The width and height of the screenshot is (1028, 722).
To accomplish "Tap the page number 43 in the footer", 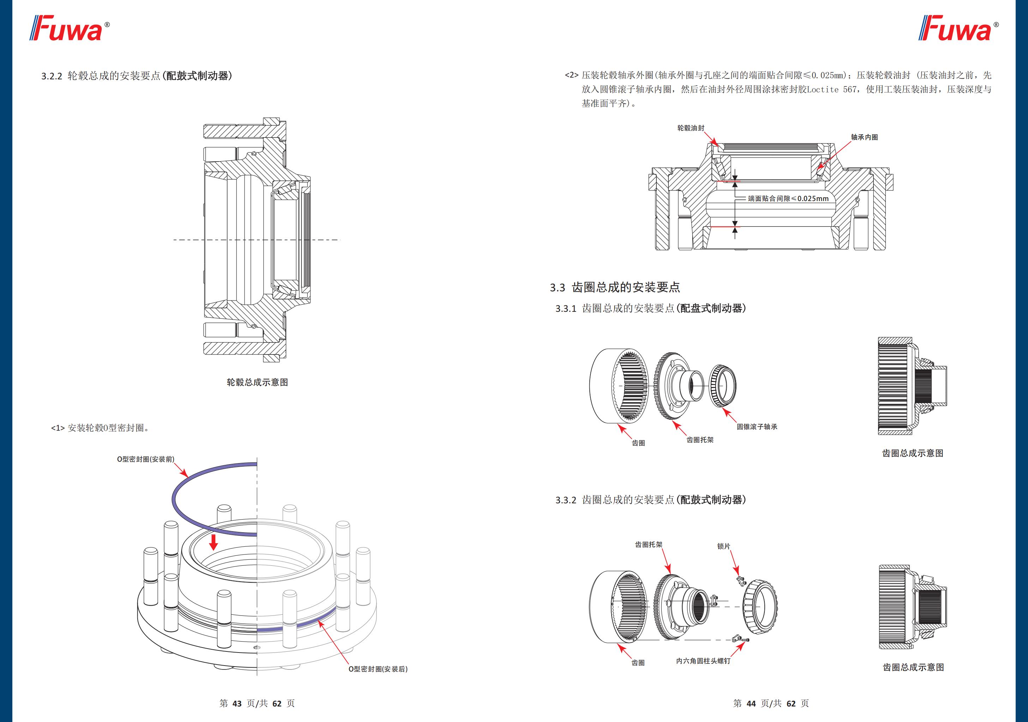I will coord(237,703).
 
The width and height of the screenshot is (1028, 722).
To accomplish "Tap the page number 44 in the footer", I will coord(751,703).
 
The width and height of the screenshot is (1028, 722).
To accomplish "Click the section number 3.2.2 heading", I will coord(52,76).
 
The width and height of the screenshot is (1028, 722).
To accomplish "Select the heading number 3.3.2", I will coord(565,500).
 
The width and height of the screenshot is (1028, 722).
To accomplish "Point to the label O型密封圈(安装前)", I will coord(145,459).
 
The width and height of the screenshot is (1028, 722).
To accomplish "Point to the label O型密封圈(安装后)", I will coord(378,669).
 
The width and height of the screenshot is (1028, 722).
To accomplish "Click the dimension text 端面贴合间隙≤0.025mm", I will coord(788,198).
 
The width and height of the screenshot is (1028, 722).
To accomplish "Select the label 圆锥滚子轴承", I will coord(757,426).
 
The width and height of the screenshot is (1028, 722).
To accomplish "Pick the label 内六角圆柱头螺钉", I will coord(703,661).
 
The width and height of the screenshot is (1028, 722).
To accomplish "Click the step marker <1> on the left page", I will coord(58,428).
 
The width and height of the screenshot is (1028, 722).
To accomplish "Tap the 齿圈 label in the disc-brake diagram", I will coord(638,443).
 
